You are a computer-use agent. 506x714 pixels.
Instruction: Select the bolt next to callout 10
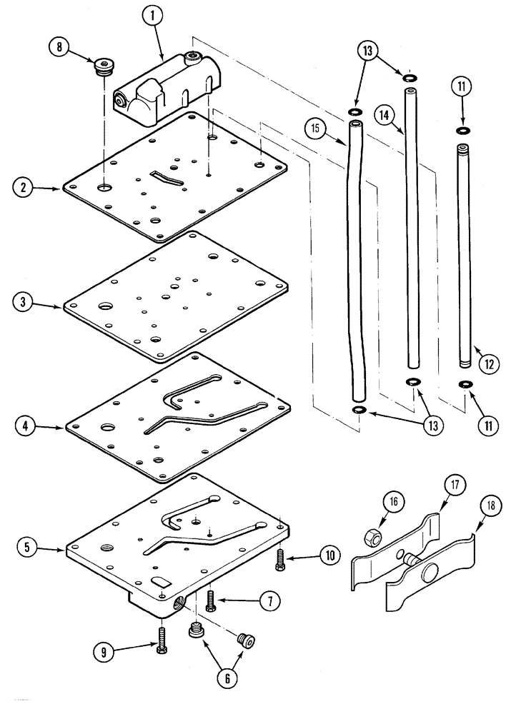pyautogui.click(x=279, y=558)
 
